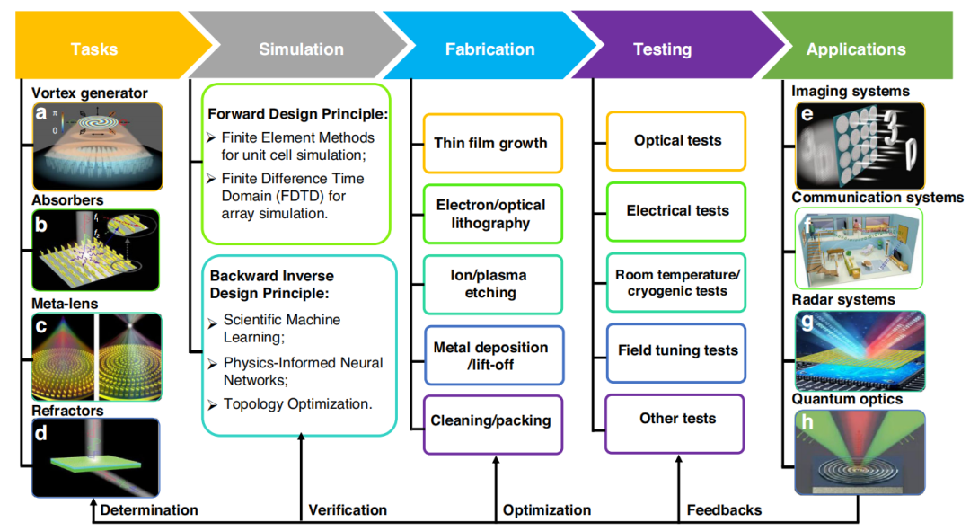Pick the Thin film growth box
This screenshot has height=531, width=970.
[491, 143]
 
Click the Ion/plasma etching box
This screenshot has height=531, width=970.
[491, 284]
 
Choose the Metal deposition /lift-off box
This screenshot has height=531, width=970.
[491, 355]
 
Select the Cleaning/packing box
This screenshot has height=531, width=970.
[491, 420]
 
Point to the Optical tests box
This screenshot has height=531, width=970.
[677, 140]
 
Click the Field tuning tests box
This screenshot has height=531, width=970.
[677, 350]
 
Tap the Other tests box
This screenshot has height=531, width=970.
[677, 418]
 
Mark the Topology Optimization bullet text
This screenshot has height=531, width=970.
[296, 403]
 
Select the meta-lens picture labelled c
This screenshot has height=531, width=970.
[96, 357]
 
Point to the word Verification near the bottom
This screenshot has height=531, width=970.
[348, 509]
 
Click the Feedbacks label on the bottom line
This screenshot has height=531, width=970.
[724, 509]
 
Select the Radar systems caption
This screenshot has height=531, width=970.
[842, 299]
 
